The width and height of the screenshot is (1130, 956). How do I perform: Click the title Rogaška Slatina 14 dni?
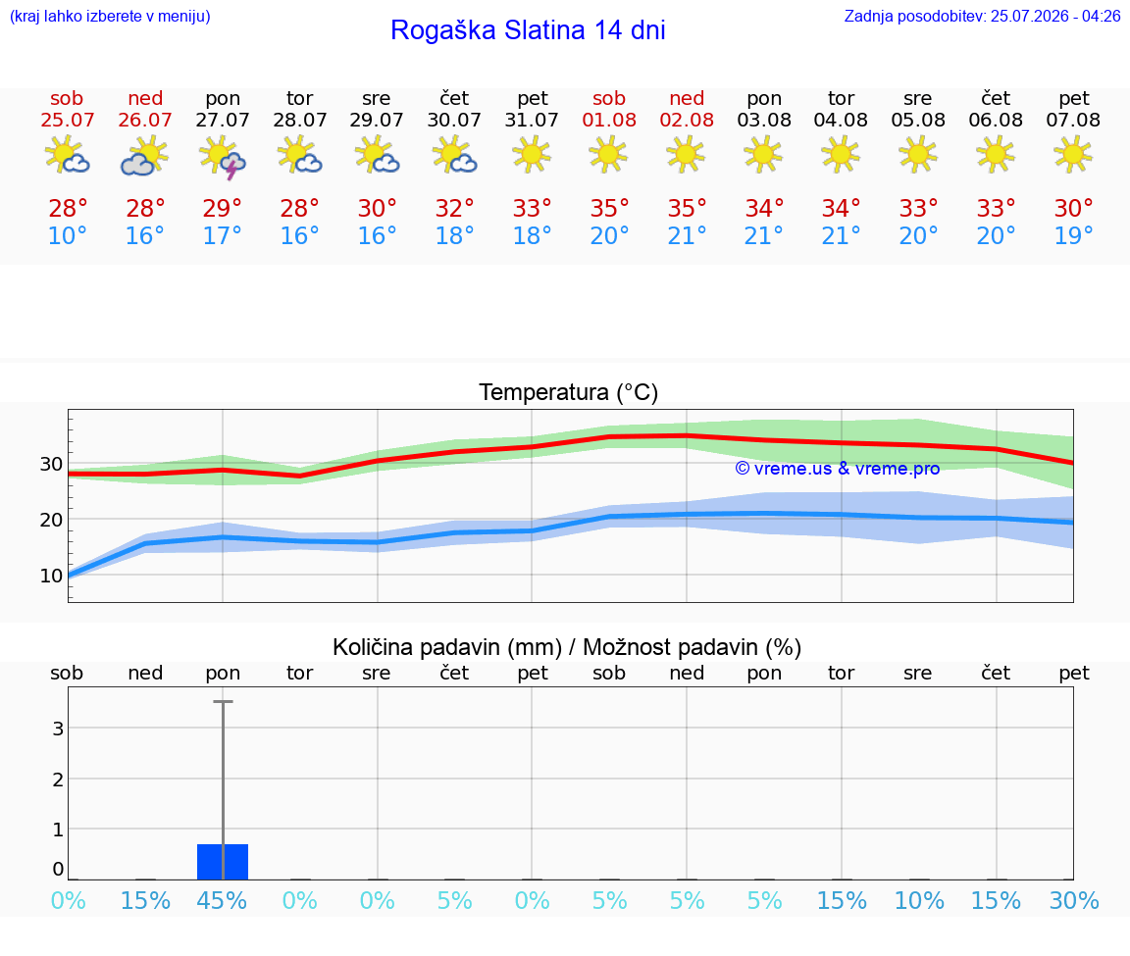click(528, 30)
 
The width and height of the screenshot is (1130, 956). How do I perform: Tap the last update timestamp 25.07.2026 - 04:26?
click(1055, 16)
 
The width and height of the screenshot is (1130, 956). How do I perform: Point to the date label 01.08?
click(609, 120)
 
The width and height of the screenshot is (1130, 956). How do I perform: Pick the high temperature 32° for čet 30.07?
click(454, 208)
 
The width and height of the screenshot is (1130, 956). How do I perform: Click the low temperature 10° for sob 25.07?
click(67, 235)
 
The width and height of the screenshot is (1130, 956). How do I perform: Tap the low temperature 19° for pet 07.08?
click(1073, 235)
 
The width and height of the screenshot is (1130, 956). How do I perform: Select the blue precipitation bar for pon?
click(223, 862)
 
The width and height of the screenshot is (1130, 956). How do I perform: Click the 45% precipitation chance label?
click(222, 900)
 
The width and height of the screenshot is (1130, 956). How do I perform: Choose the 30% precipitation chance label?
click(1074, 900)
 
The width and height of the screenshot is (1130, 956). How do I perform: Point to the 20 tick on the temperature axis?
click(50, 520)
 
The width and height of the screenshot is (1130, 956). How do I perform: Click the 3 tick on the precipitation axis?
click(59, 729)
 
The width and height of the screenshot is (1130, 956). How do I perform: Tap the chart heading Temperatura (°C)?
click(569, 392)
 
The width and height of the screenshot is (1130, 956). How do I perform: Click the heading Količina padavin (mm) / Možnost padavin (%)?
click(567, 647)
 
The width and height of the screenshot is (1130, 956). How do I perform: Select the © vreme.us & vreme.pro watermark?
click(838, 469)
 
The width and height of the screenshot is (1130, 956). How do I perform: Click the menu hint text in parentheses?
click(110, 16)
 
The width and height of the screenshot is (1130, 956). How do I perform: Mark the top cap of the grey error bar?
click(223, 701)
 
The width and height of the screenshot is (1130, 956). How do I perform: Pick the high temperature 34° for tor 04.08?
click(841, 208)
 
